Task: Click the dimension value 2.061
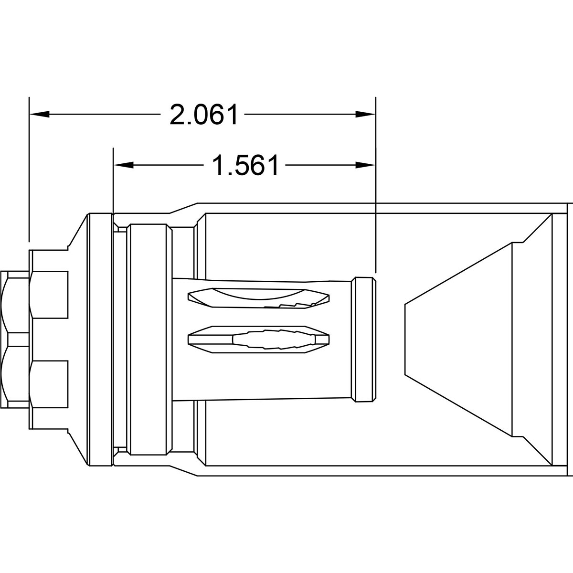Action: [204, 115]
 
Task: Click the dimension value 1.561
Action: [245, 165]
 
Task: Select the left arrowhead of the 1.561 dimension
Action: [123, 165]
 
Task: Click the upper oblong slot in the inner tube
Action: [258, 298]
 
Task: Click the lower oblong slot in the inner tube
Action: [258, 339]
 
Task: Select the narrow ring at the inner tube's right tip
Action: [363, 339]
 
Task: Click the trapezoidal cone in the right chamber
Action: [458, 339]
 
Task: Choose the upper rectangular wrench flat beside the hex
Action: [49, 294]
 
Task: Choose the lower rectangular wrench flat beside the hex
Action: [49, 383]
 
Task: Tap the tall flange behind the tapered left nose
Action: [100, 339]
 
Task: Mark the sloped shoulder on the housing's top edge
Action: [184, 207]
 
